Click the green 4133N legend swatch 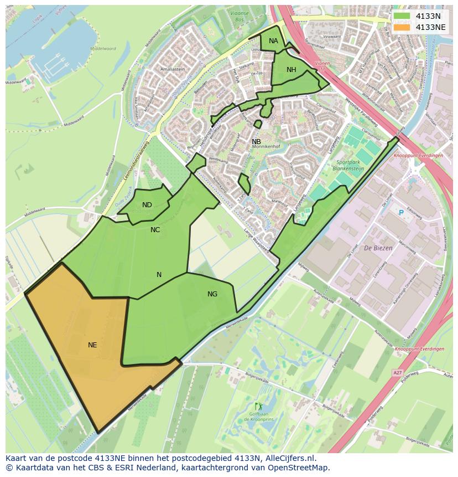point(402,16)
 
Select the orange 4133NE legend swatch point(402,27)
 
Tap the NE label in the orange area point(92,345)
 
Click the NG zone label point(212,294)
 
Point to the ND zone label point(147,205)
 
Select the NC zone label point(155,229)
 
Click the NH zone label point(292,70)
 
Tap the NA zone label point(273,41)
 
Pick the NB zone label point(256,142)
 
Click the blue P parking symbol point(401,212)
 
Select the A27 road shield point(398,373)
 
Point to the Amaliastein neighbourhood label point(172,69)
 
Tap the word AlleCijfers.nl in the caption point(289,458)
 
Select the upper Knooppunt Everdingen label point(418,156)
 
